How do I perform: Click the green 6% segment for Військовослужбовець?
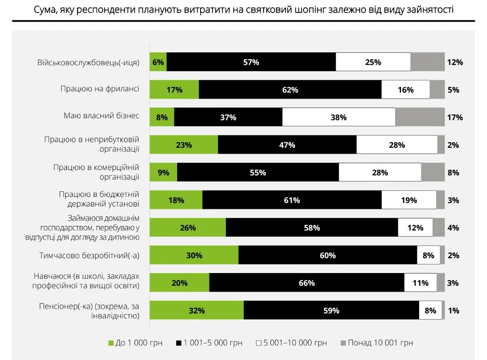pyautogui.click(x=158, y=62)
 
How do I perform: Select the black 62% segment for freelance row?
pyautogui.click(x=290, y=90)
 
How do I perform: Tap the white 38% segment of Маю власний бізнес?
pyautogui.click(x=339, y=117)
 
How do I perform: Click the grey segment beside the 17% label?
pyautogui.click(x=420, y=117)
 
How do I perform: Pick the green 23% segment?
pyautogui.click(x=184, y=145)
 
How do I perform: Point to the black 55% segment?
pyautogui.click(x=258, y=173)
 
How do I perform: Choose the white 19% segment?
pyautogui.click(x=409, y=200)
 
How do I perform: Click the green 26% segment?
pyautogui.click(x=188, y=228)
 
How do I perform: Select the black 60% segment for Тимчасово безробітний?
pyautogui.click(x=327, y=256)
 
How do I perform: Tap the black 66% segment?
pyautogui.click(x=306, y=283)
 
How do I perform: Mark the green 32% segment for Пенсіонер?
pyautogui.click(x=196, y=311)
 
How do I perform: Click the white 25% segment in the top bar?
pyautogui.click(x=373, y=62)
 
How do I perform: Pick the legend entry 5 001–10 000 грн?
pyautogui.click(x=291, y=343)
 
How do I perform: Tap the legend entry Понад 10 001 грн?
pyautogui.click(x=376, y=343)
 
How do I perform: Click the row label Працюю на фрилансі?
pyautogui.click(x=100, y=89)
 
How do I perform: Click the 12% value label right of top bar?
pyautogui.click(x=454, y=62)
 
